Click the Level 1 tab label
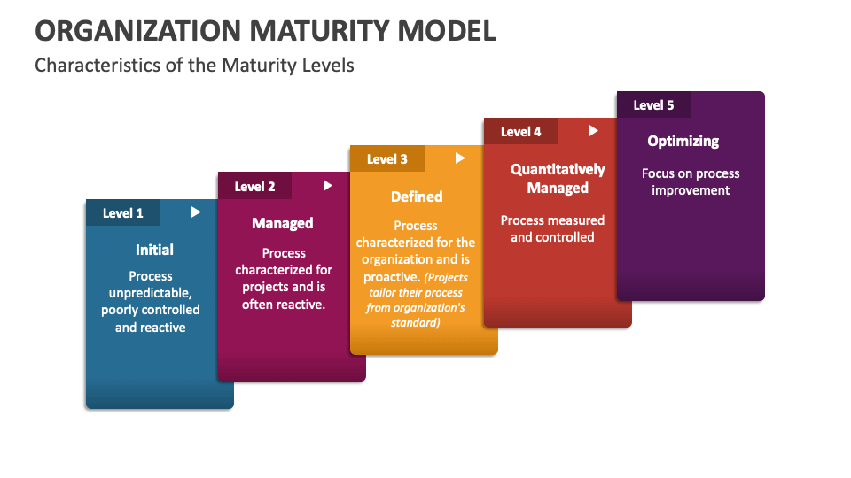coord(123,213)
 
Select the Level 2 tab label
coord(254,187)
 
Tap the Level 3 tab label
coord(387,159)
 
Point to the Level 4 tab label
coord(520,132)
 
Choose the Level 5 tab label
coord(653,105)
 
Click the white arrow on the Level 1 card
coord(196,212)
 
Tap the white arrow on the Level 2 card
coord(328,186)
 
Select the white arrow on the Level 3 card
coord(460,158)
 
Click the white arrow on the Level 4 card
coord(594,131)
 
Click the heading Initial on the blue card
coord(154,250)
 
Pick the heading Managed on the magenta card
coord(283,223)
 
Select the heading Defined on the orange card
coord(417,197)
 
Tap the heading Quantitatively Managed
coord(558,179)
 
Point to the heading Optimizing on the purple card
coord(683,141)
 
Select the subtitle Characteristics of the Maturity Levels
coord(194,66)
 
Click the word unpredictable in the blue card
coord(150,293)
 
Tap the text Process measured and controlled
coord(552,228)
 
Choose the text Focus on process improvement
coord(691,181)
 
